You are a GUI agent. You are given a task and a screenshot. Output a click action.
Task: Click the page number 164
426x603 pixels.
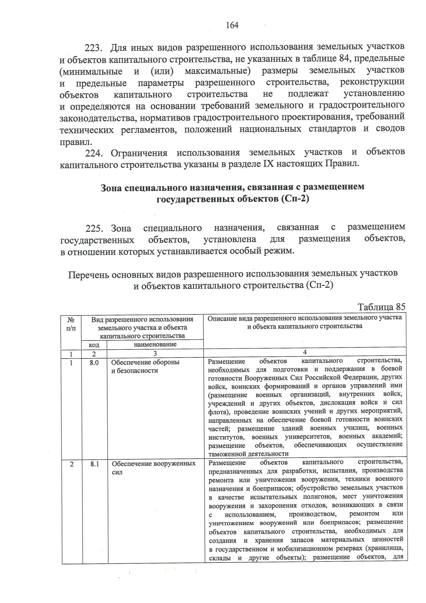(x=232, y=25)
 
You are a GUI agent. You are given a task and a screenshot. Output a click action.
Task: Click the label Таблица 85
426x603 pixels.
(x=381, y=307)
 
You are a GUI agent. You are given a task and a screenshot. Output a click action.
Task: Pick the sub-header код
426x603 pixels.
(x=94, y=345)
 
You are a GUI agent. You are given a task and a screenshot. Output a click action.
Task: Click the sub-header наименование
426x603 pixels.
(x=155, y=344)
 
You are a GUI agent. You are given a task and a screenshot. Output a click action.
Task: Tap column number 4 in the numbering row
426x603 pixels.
(x=305, y=352)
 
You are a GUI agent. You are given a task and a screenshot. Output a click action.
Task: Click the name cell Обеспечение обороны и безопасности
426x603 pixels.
(x=145, y=366)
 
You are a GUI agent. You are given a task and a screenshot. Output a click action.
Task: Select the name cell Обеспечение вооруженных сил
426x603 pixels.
(x=153, y=468)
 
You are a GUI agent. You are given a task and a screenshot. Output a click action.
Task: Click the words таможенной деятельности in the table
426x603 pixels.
(x=248, y=454)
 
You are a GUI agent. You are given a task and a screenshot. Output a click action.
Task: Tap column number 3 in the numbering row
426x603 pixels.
(x=155, y=354)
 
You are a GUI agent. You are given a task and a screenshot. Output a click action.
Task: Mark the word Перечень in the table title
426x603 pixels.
(x=88, y=275)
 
